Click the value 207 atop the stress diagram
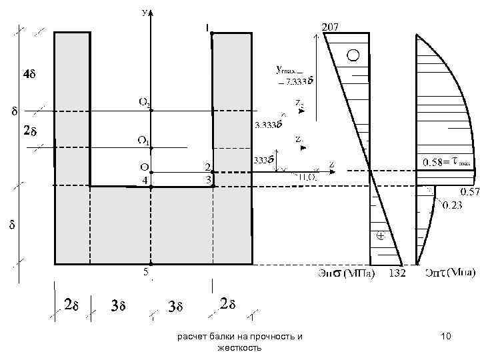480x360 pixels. pos(331,27)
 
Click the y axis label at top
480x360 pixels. pos(145,11)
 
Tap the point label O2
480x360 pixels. pos(144,102)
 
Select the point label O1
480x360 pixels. pos(143,140)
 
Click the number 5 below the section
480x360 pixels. pos(145,271)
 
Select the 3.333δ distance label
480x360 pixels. pos(268,124)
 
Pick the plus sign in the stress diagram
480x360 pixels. pos(380,235)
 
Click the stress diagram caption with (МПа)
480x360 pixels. pos(346,273)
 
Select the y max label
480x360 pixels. pos(289,69)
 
